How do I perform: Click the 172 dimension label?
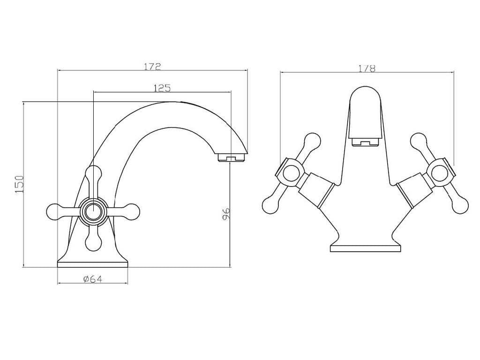tap(152, 67)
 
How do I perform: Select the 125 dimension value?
tap(162, 88)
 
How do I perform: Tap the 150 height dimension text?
tap(19, 184)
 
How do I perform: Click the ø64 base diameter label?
tap(92, 279)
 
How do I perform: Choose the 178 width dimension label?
tap(367, 68)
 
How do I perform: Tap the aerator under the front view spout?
tap(365, 142)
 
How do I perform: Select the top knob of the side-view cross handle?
tap(93, 174)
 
